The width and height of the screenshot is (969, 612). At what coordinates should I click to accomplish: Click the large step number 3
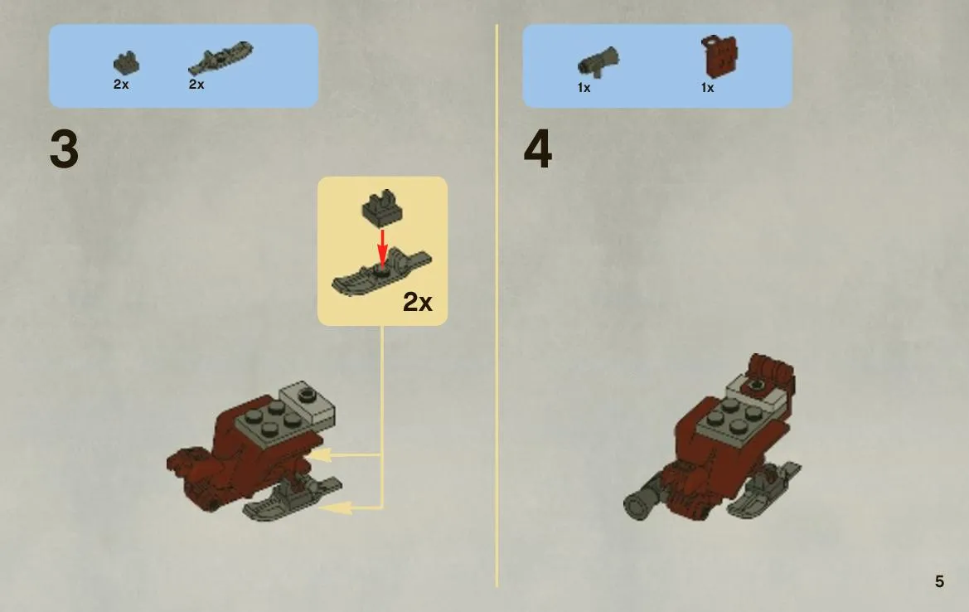pyautogui.click(x=64, y=149)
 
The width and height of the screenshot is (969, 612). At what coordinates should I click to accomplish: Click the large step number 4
pyautogui.click(x=538, y=149)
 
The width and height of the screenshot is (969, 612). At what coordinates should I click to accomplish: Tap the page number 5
pyautogui.click(x=939, y=581)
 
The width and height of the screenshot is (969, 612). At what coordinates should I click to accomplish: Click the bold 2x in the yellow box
pyautogui.click(x=418, y=302)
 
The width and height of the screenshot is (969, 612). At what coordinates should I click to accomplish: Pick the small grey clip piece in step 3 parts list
pyautogui.click(x=126, y=63)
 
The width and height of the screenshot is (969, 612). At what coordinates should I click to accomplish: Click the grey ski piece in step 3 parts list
pyautogui.click(x=220, y=59)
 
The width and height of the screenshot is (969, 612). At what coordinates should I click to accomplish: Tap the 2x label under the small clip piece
pyautogui.click(x=121, y=84)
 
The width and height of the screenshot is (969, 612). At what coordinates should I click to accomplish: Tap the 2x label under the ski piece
pyautogui.click(x=196, y=84)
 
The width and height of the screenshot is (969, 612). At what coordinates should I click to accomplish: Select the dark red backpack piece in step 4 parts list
pyautogui.click(x=719, y=56)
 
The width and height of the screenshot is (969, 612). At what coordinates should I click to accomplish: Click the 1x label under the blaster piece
pyautogui.click(x=584, y=88)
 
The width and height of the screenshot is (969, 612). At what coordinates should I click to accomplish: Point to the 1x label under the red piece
pyautogui.click(x=708, y=88)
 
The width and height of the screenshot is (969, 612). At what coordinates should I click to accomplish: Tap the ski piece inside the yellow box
pyautogui.click(x=381, y=272)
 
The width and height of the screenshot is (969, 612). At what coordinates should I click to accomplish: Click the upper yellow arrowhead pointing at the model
pyautogui.click(x=319, y=455)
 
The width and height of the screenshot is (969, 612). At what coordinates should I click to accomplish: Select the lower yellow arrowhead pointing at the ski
pyautogui.click(x=337, y=508)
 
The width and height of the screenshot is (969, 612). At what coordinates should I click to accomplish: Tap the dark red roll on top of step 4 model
pyautogui.click(x=771, y=370)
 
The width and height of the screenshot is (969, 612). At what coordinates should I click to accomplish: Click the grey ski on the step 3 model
pyautogui.click(x=292, y=498)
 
